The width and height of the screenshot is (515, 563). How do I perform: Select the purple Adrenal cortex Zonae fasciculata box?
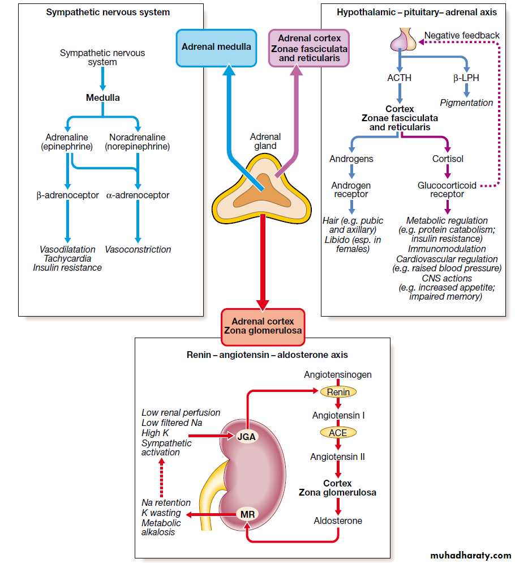[309, 48]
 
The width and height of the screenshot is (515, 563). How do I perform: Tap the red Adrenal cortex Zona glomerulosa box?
[263, 326]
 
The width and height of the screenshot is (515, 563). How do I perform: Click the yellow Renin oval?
[338, 392]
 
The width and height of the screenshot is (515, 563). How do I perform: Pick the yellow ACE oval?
[338, 433]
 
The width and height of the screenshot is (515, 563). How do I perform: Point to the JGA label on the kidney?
[246, 436]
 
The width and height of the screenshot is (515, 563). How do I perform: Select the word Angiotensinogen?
[338, 374]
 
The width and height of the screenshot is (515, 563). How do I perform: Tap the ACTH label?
[400, 78]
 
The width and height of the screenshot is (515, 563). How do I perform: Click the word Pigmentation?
[466, 103]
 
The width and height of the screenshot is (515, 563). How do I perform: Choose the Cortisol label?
[448, 159]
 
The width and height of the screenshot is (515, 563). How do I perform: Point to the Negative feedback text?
[462, 35]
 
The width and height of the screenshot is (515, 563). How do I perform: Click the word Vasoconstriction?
[138, 249]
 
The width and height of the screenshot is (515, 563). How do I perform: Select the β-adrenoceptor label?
[68, 195]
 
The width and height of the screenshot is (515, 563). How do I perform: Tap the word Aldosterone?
[338, 521]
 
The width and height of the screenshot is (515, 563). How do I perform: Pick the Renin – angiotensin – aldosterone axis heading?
[267, 355]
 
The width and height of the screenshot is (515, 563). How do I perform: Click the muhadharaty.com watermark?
[470, 555]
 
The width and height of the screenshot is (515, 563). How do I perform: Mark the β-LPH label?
[466, 78]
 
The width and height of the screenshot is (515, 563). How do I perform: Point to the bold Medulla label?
[102, 97]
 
